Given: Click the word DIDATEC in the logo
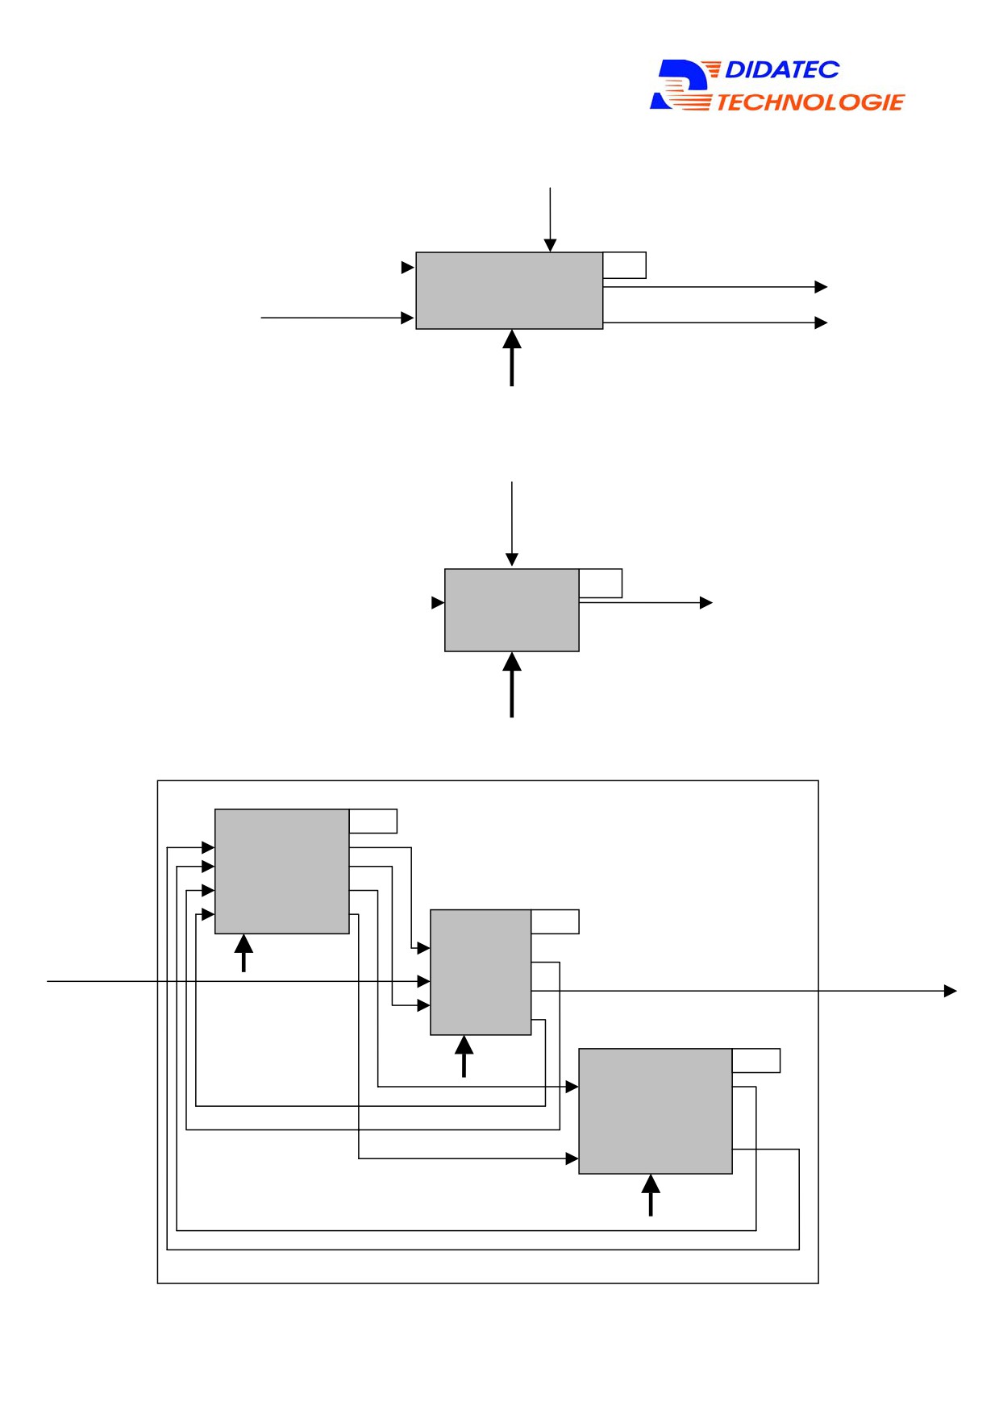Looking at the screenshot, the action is point(781,70).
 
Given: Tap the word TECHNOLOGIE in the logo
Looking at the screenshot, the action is point(810,102).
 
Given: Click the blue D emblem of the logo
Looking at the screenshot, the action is point(680,85).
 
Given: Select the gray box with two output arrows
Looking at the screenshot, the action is point(509,290).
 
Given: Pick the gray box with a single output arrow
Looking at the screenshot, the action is point(512,610).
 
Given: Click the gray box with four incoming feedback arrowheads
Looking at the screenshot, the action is point(282,871).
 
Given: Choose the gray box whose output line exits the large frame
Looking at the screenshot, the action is point(481,972).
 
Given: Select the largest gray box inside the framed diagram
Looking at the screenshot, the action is point(656,1111).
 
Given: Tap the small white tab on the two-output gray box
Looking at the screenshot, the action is point(625,265).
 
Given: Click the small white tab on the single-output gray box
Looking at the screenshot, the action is point(601,584).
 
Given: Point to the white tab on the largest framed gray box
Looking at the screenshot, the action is point(756,1061).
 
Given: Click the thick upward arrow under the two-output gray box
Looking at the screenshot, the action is point(512,358).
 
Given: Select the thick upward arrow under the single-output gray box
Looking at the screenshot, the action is point(512,684).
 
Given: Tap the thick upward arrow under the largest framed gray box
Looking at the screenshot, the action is point(651,1195).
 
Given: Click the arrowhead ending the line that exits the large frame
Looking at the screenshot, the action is point(951,991).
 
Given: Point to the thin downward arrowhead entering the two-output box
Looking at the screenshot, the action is point(550,246).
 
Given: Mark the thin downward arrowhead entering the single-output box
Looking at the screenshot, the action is point(512,559).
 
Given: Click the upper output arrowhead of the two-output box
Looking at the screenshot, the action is point(821,287).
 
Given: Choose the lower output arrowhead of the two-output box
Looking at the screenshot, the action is point(821,322).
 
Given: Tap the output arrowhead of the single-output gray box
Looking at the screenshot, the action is point(706,603).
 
